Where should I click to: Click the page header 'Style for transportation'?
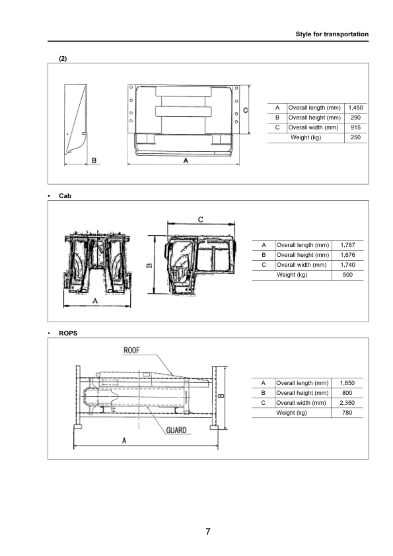(x=331, y=34)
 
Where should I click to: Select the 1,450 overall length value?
(x=355, y=108)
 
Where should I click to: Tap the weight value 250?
(x=355, y=137)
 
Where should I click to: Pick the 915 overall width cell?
(x=355, y=127)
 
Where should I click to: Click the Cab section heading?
(x=65, y=195)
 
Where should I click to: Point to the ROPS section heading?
(x=68, y=333)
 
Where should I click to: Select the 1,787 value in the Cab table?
(x=347, y=245)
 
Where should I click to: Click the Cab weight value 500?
(x=347, y=275)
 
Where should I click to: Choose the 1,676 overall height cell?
(x=347, y=255)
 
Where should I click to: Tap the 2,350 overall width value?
(x=347, y=403)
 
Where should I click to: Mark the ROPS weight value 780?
(x=347, y=413)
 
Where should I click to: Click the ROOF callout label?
(x=131, y=350)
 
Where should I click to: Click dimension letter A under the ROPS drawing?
(x=124, y=441)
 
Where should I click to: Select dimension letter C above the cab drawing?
(x=200, y=219)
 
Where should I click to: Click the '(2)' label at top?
(x=63, y=58)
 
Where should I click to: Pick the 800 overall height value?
(x=347, y=393)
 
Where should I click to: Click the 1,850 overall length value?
(x=347, y=383)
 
